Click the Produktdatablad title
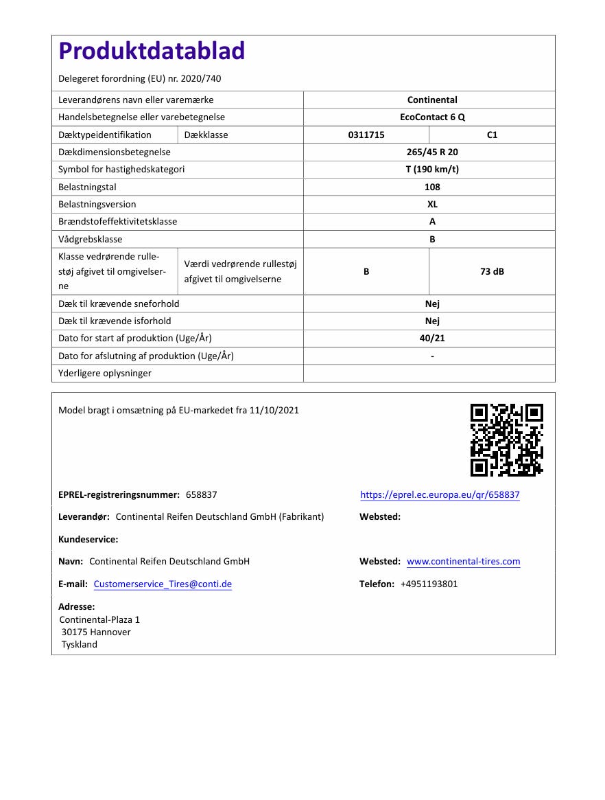coord(152,52)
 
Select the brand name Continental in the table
coord(432,100)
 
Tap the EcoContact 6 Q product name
coord(432,117)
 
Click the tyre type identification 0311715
coord(366,135)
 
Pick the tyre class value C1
coord(492,135)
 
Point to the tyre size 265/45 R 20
coord(432,152)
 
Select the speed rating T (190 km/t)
coord(432,169)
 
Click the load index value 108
coord(432,187)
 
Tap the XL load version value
coord(432,204)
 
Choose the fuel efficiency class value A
coord(432,222)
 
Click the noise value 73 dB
coord(492,271)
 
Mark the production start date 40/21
coord(432,338)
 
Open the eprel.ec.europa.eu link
coord(440,494)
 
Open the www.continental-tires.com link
coord(463,562)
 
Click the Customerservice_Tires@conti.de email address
coord(163,584)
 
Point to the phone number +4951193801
coord(429,584)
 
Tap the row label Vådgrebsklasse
coord(91,239)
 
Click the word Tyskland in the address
coord(80,644)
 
